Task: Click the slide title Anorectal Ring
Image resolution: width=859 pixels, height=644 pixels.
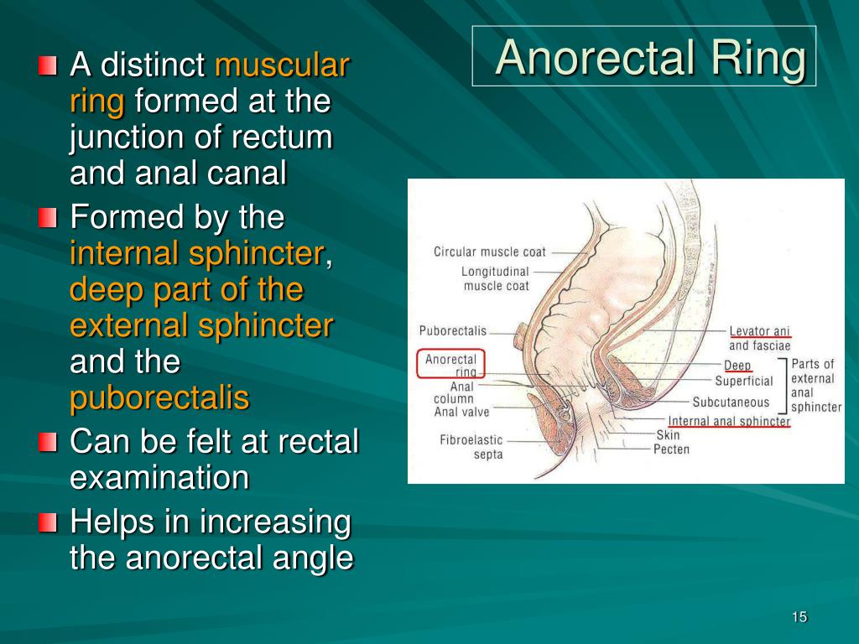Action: click(650, 58)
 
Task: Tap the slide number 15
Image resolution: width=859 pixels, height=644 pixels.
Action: click(799, 617)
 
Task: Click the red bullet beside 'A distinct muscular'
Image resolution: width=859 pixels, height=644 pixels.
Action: click(48, 65)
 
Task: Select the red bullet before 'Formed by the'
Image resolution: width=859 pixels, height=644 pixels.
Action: click(48, 217)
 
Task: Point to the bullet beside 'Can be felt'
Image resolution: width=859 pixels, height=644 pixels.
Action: click(48, 442)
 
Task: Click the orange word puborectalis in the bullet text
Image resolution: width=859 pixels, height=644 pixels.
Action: click(159, 398)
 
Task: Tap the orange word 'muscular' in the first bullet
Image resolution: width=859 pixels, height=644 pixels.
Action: click(282, 65)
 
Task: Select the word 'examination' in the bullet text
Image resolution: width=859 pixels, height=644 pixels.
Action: click(159, 477)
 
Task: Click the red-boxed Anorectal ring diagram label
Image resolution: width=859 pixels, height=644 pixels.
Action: click(450, 365)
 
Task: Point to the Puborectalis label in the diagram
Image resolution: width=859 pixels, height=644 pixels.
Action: click(452, 331)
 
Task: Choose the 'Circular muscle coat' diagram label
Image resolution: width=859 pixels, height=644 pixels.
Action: click(490, 252)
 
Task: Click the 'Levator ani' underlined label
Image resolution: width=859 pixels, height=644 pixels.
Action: click(759, 331)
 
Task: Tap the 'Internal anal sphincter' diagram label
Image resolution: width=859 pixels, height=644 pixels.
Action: click(729, 421)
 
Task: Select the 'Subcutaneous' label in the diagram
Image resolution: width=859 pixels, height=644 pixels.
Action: click(731, 402)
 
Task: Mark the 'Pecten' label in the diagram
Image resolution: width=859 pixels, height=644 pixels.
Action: click(671, 449)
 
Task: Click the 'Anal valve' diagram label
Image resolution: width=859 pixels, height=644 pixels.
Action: click(461, 412)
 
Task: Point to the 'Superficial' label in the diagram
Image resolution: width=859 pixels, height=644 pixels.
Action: click(743, 382)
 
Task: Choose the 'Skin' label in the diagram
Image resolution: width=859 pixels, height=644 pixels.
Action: click(668, 435)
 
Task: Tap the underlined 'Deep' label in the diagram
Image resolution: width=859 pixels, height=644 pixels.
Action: click(737, 366)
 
